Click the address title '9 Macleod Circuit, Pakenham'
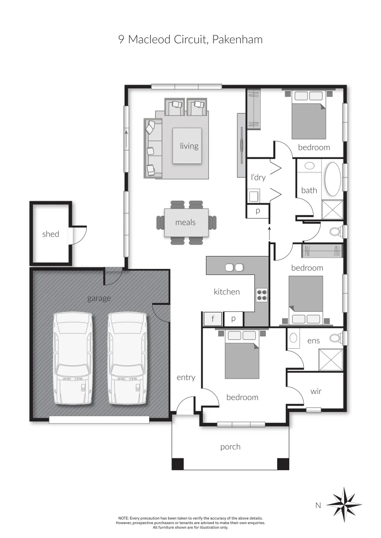click(x=190, y=39)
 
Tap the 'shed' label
click(x=50, y=234)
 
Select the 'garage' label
click(x=99, y=298)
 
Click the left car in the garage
click(x=73, y=358)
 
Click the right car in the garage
click(x=128, y=358)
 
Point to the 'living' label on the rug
click(x=189, y=146)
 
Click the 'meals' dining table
click(x=186, y=223)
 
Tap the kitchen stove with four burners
click(x=262, y=295)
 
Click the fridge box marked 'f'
click(x=212, y=319)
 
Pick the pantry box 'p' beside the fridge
click(x=233, y=319)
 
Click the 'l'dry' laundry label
click(x=258, y=177)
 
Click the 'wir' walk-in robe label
click(x=316, y=391)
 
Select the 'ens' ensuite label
click(x=313, y=341)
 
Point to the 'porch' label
click(x=230, y=447)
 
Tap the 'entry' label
click(x=186, y=378)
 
